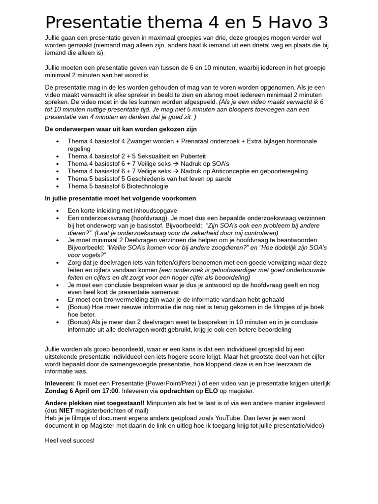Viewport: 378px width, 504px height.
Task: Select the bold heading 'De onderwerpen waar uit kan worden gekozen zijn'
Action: pyautogui.click(x=121, y=129)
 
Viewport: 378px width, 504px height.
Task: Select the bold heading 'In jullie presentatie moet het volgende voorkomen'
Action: pyautogui.click(x=120, y=198)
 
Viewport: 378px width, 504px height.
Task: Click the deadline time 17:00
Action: pyautogui.click(x=108, y=391)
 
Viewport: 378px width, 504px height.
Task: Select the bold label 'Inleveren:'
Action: pyautogui.click(x=60, y=383)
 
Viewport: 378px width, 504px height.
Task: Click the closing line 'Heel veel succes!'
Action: pyautogui.click(x=69, y=441)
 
